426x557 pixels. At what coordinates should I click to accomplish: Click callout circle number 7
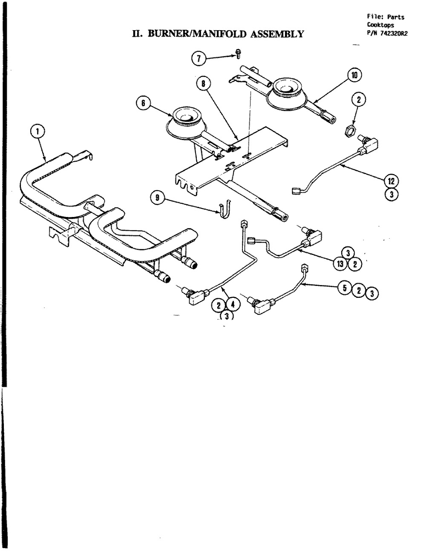click(199, 59)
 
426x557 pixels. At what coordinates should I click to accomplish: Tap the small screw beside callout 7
click(238, 54)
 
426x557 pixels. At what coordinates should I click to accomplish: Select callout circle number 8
click(203, 83)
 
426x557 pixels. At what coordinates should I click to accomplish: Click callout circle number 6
click(143, 103)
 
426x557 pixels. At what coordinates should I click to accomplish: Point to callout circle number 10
click(354, 75)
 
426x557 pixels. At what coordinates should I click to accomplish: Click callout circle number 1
click(37, 131)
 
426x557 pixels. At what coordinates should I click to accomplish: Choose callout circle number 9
click(157, 197)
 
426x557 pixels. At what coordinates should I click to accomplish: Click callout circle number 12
click(391, 181)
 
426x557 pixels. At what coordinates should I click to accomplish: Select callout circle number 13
click(340, 264)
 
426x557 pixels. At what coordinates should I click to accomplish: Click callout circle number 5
click(345, 288)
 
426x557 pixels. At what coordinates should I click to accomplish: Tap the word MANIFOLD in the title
click(219, 34)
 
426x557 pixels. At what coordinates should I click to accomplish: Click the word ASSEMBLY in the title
click(277, 34)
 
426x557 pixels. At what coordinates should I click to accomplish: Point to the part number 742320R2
click(394, 33)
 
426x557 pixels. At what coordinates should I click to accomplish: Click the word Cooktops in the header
click(380, 25)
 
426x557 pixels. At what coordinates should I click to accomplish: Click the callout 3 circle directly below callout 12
click(391, 194)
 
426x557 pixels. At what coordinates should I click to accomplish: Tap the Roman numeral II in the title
click(137, 34)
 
